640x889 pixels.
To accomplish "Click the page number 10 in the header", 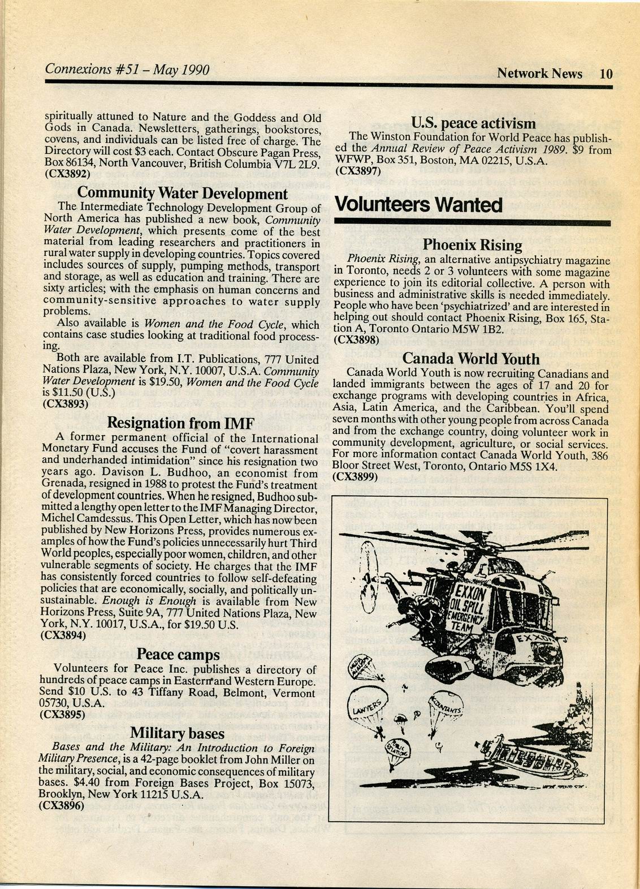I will pyautogui.click(x=606, y=73).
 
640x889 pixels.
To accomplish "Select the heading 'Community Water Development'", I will pyautogui.click(x=182, y=194).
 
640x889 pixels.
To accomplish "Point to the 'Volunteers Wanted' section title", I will pyautogui.click(x=418, y=204).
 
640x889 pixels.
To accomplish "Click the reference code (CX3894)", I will pyautogui.click(x=64, y=635).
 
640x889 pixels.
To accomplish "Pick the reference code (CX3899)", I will pyautogui.click(x=355, y=476).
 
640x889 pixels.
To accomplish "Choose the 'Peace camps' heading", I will pyautogui.click(x=178, y=655).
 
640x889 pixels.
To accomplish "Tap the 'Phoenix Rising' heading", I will pyautogui.click(x=472, y=245).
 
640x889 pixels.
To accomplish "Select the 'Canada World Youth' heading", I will pyautogui.click(x=471, y=359).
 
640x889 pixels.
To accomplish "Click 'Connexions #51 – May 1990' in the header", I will pyautogui.click(x=127, y=70).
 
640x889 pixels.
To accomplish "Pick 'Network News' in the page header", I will pyautogui.click(x=539, y=73).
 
